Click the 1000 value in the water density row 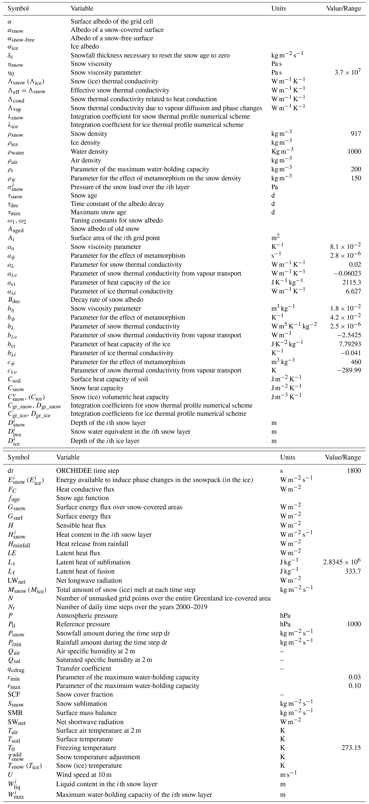pyautogui.click(x=354, y=152)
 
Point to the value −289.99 pyautogui.click(x=349, y=370)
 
